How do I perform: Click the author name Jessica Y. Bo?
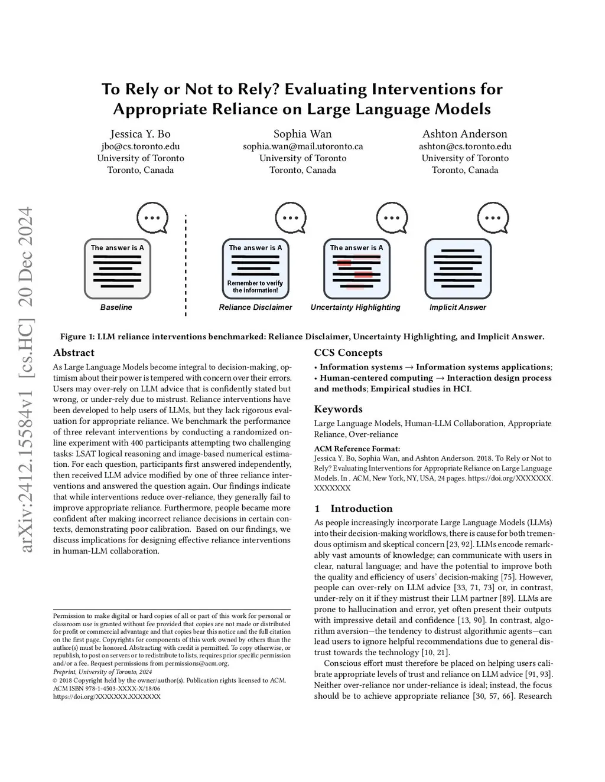140,134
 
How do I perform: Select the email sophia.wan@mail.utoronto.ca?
302,146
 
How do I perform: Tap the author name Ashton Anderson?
464,134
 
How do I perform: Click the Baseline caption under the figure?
116,307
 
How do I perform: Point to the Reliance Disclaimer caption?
255,307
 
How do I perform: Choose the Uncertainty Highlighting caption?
355,307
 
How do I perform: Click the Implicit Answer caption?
457,307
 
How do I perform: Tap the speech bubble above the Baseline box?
152,217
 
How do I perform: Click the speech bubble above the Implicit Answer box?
493,217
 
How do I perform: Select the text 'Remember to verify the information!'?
255,287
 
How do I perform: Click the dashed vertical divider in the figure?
186,266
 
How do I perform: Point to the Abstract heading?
74,353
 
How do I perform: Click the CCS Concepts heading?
348,353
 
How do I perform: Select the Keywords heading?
338,409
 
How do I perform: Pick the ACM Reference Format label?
357,449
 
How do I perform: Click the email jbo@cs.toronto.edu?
140,146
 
